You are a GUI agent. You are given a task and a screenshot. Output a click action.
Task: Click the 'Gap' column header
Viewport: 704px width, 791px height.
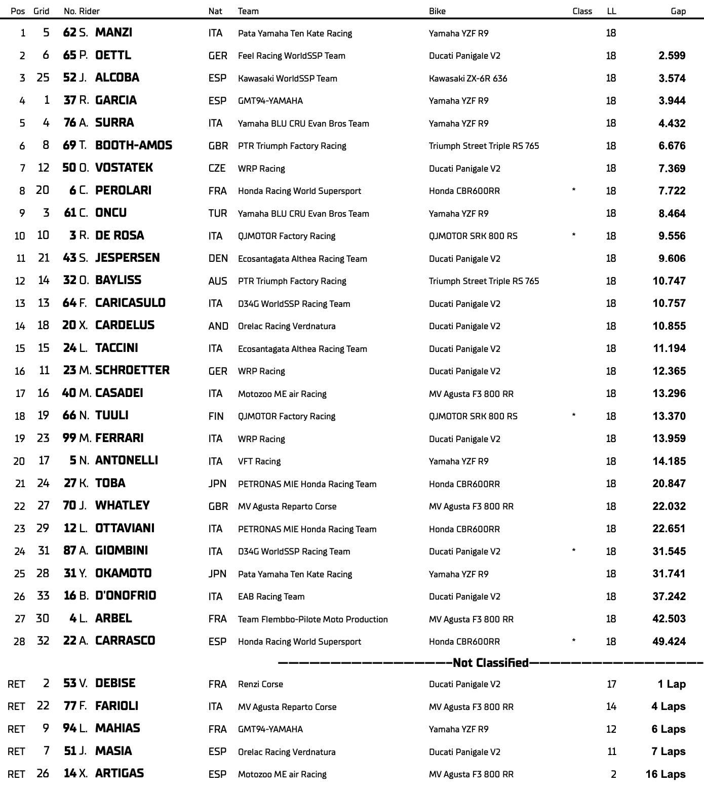(678, 11)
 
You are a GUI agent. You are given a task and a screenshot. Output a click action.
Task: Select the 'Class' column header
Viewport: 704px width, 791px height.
(582, 11)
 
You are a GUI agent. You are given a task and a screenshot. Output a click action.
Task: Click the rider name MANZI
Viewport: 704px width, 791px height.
(113, 32)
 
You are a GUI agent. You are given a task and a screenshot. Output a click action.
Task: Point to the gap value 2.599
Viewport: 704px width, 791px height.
(672, 56)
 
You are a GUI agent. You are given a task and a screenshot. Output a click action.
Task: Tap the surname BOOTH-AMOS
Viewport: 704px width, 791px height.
(134, 146)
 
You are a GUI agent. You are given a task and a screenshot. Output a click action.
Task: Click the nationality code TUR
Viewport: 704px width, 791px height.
(217, 213)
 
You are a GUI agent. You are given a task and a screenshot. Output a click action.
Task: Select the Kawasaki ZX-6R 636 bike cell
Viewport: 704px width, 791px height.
(467, 78)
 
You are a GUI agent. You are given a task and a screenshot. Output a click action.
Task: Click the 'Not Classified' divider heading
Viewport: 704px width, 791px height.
(490, 663)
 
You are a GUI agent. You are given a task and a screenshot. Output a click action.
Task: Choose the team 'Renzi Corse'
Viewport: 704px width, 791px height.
(260, 684)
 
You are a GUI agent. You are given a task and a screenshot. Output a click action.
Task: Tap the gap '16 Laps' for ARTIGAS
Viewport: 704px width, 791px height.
(665, 774)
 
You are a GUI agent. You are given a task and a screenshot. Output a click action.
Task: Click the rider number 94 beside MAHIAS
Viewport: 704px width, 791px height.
(69, 729)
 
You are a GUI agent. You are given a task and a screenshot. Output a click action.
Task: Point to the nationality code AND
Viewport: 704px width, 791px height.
(218, 326)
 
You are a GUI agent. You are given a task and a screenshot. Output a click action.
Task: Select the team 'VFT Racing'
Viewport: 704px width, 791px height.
(259, 461)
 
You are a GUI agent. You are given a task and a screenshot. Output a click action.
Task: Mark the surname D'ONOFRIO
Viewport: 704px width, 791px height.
(126, 596)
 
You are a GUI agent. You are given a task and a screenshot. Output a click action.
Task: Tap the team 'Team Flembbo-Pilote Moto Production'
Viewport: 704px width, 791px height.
(312, 619)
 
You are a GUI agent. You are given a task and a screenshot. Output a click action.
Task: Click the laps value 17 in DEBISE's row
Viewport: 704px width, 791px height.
(611, 684)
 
